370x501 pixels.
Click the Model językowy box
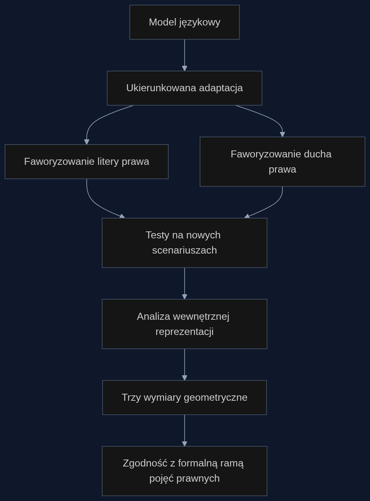tap(185, 22)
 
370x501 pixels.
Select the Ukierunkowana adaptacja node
tap(185, 88)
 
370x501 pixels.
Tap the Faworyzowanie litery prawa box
tap(87, 162)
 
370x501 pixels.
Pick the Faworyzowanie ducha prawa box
tap(282, 162)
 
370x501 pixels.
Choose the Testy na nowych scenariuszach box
tap(185, 243)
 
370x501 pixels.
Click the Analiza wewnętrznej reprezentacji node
tap(185, 324)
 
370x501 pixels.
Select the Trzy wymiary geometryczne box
tap(185, 397)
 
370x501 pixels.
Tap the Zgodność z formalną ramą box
tap(185, 471)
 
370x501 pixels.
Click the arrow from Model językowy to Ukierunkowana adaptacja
tap(185, 55)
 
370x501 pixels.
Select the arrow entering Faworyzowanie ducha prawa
tap(271, 118)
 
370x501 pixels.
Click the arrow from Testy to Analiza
tap(185, 284)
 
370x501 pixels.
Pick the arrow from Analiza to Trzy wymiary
tap(185, 365)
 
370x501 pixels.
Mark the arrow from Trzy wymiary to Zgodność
tap(185, 431)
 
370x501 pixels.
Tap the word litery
tap(108, 162)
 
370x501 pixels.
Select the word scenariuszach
tap(185, 251)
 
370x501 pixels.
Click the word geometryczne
tap(215, 398)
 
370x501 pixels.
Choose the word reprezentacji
tap(185, 332)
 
